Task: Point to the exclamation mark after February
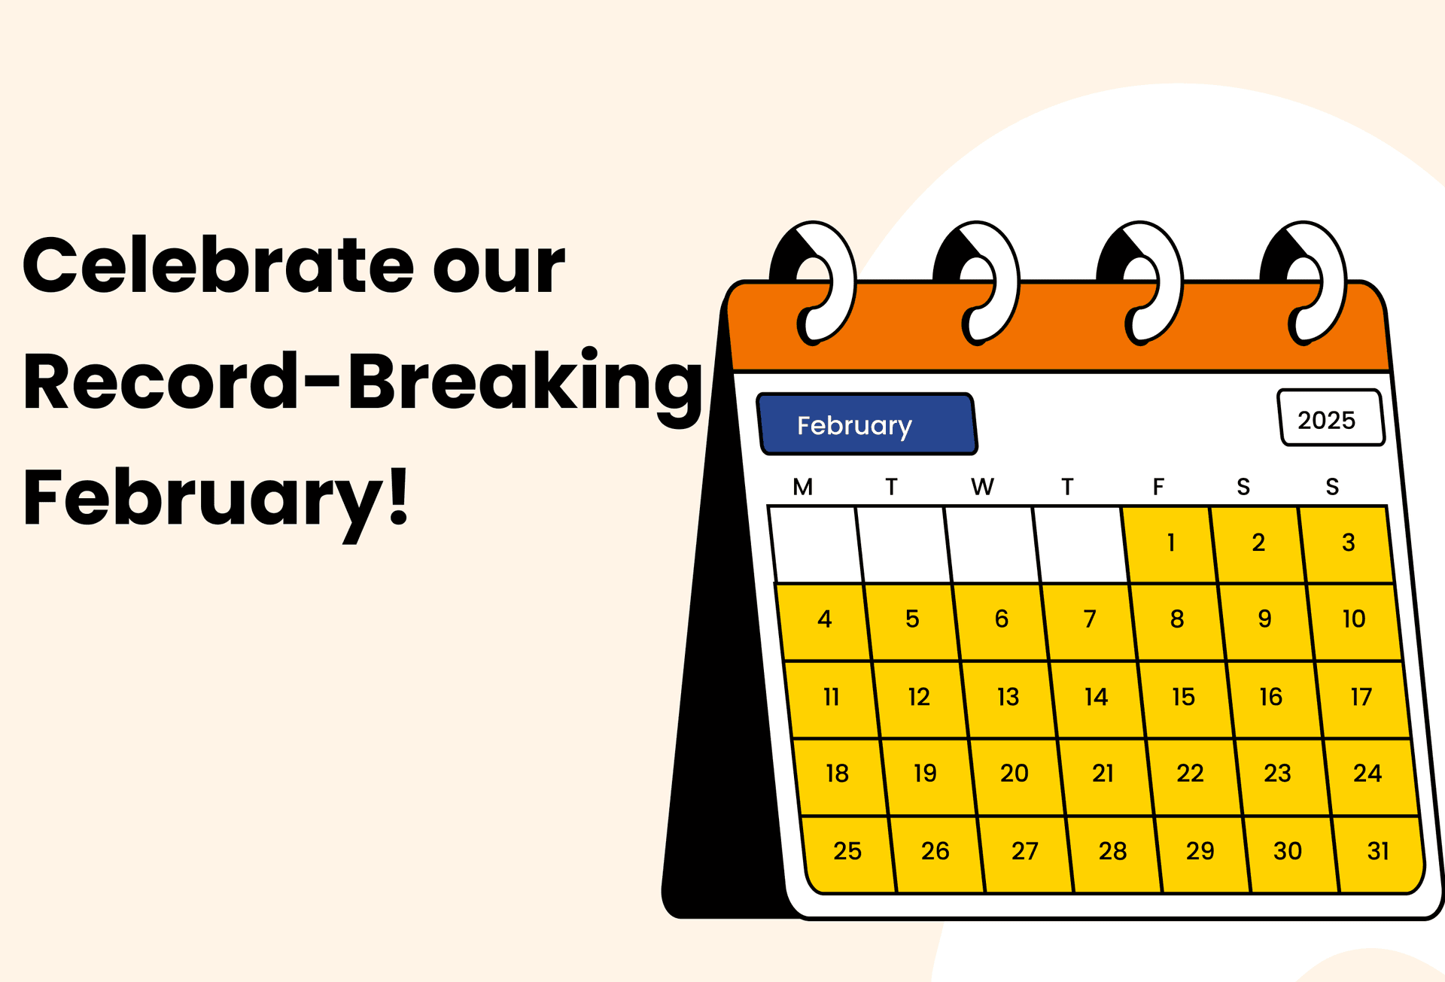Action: [399, 495]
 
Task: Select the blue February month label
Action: [867, 424]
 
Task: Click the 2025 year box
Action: [1330, 418]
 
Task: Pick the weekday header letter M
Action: [802, 487]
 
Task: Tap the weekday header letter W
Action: [982, 487]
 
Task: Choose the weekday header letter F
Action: [1158, 487]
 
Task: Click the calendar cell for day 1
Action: [1169, 544]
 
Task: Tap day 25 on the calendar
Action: [848, 853]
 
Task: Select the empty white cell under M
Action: [816, 544]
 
